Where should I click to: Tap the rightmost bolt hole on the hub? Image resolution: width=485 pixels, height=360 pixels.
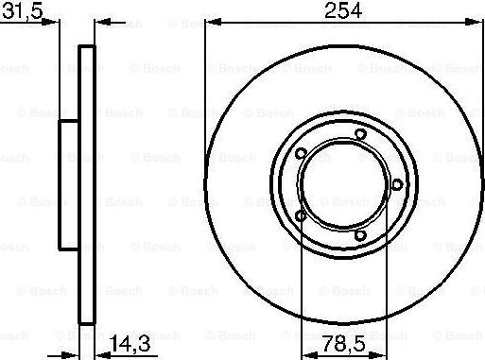(x=397, y=184)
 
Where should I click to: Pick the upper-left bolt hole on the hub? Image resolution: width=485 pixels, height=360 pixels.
(x=301, y=154)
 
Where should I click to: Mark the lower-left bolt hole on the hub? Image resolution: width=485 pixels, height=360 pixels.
(x=301, y=216)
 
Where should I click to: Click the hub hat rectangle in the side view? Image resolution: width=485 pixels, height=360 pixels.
(x=69, y=185)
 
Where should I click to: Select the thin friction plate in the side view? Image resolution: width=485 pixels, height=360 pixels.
(x=86, y=185)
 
